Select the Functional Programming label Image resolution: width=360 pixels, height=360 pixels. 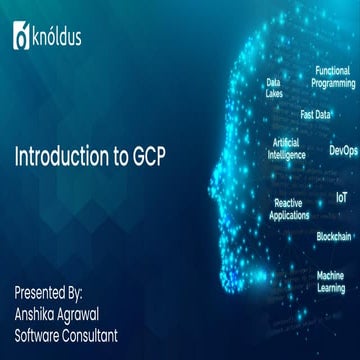tap(333, 77)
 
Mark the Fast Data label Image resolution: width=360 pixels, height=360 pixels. tap(316, 115)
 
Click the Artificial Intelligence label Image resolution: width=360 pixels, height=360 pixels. tap(287, 149)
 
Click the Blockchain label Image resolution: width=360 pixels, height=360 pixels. tap(333, 236)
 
